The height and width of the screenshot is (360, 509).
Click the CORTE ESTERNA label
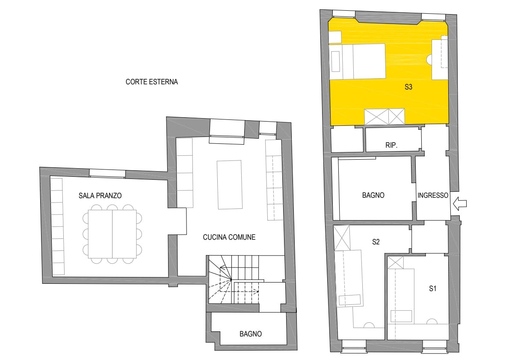tap(151, 82)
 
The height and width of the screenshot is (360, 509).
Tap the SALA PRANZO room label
tap(100, 196)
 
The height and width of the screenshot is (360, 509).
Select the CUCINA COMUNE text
tap(229, 237)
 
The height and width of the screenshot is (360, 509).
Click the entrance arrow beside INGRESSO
tap(460, 204)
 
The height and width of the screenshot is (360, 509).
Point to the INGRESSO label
tap(433, 195)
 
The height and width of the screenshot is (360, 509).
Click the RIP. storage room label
tap(391, 145)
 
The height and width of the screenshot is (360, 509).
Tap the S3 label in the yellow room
tap(408, 87)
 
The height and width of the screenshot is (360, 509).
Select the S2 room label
tap(376, 242)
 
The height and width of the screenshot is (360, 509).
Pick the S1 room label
tap(432, 288)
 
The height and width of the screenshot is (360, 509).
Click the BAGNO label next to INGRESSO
tap(373, 195)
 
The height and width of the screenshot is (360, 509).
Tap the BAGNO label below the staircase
tap(251, 334)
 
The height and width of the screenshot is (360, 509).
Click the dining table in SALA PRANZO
tap(112, 234)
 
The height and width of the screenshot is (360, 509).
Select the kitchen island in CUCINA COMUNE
tap(230, 184)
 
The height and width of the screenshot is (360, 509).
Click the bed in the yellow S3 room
tap(358, 61)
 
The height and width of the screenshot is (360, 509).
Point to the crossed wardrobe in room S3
tap(385, 116)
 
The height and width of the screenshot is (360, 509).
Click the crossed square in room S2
tap(342, 238)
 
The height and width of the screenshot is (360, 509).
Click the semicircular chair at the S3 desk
tap(429, 60)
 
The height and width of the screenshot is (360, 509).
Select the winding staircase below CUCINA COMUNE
tap(233, 280)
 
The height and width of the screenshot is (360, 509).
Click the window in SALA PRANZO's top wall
tap(107, 173)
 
